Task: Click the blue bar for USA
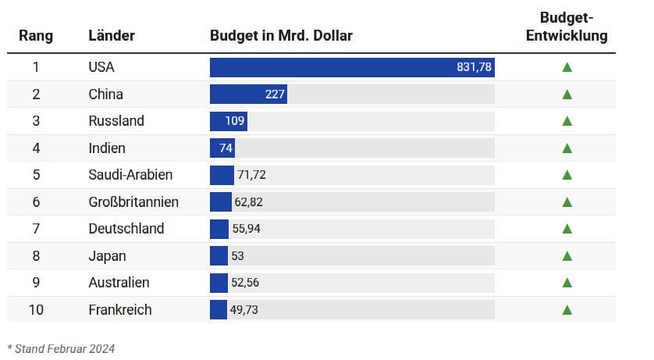tap(328, 67)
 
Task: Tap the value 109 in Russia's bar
tap(235, 121)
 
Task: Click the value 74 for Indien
tap(226, 148)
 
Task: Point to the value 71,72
tap(252, 175)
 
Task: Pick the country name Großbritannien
tap(133, 202)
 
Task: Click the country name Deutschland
tap(126, 229)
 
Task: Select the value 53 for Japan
tap(237, 256)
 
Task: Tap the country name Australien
tap(119, 283)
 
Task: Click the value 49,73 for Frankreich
tap(243, 310)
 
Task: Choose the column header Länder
tap(112, 36)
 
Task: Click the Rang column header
tap(36, 36)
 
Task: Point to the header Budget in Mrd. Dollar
tap(281, 36)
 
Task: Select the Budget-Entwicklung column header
tap(567, 27)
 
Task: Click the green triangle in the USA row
tap(567, 67)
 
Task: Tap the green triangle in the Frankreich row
tap(567, 310)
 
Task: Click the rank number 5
tap(36, 175)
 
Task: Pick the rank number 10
tap(36, 310)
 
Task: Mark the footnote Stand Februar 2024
tap(61, 348)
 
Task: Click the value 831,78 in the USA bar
tap(474, 67)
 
